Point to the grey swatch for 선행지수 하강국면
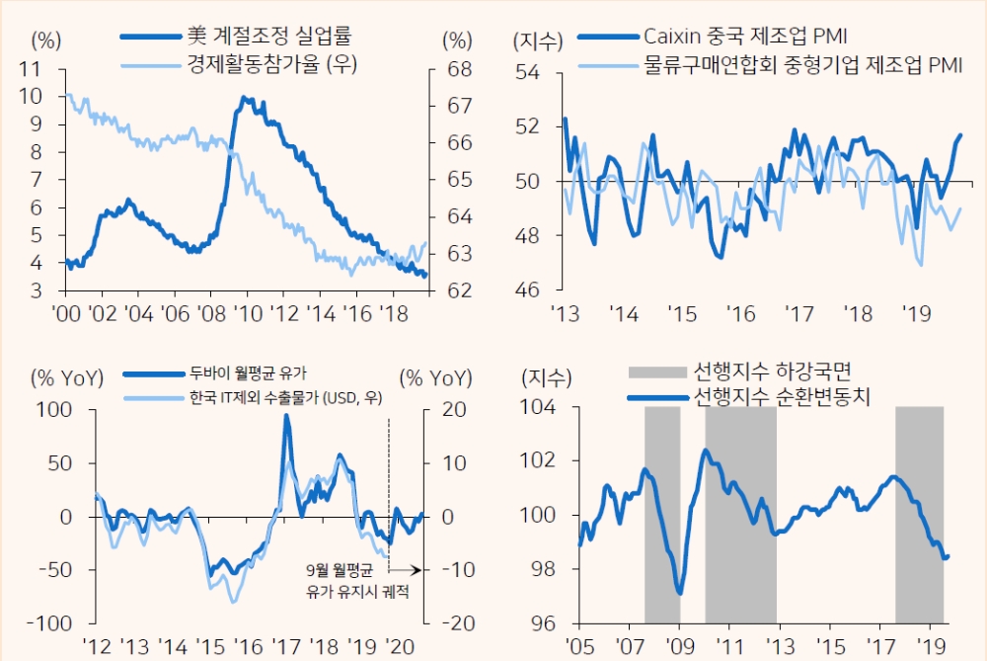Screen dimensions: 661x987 655,372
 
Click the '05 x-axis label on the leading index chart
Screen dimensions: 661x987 579,647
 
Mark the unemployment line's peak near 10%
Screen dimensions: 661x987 244,99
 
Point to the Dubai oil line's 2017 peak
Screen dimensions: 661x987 287,416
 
